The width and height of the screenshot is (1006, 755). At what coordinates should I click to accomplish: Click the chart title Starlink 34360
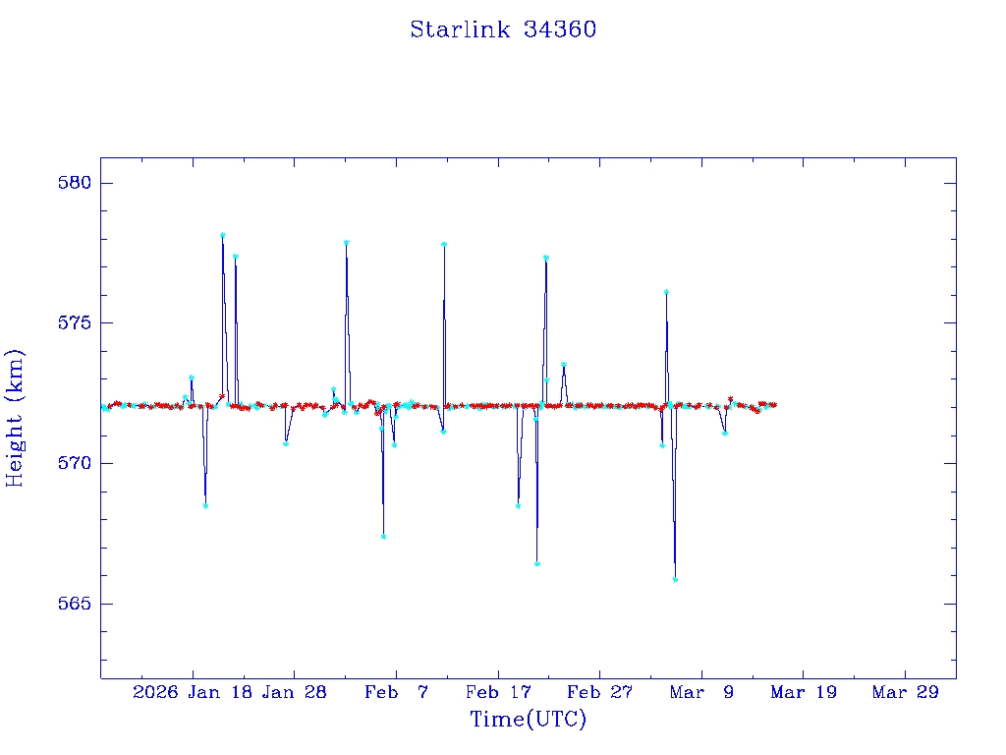click(503, 30)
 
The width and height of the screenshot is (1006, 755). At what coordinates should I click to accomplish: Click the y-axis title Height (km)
click(15, 418)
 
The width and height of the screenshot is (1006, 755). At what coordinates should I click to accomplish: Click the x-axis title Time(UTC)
click(528, 720)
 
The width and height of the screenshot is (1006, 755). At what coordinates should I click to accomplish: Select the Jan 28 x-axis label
click(294, 693)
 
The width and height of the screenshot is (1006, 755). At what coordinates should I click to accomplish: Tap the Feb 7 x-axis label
click(396, 693)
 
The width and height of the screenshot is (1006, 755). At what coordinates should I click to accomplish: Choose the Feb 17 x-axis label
click(498, 693)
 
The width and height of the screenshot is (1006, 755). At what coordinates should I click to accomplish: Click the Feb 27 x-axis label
click(599, 693)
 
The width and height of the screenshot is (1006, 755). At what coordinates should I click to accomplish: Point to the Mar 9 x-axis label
click(701, 693)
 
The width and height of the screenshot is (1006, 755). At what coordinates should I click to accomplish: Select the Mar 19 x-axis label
click(804, 693)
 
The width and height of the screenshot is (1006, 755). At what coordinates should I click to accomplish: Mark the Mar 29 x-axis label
click(906, 693)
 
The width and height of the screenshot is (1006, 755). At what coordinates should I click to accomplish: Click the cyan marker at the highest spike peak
click(223, 235)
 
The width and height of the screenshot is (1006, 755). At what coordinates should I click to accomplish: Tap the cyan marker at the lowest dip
click(675, 579)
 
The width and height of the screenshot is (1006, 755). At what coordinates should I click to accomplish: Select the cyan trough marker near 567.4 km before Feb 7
click(383, 537)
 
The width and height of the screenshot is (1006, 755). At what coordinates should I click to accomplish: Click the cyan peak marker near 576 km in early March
click(666, 292)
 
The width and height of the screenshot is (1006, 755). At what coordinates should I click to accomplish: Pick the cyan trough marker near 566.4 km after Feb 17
click(537, 563)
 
